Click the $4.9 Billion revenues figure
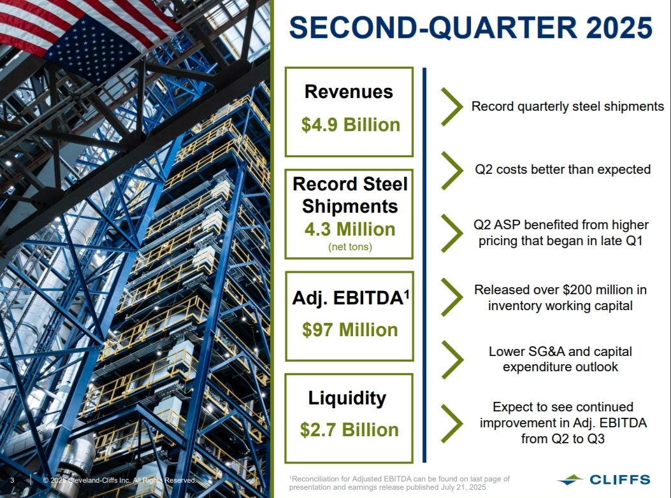pos(350,125)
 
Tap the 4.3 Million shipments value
pos(350,229)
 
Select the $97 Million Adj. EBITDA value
pos(350,330)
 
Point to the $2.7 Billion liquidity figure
pos(349,430)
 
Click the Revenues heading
pos(349,92)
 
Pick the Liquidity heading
pos(347,398)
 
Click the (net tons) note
pos(350,247)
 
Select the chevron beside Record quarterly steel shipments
pos(452,106)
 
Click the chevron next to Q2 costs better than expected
pos(452,170)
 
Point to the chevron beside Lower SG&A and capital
pos(452,360)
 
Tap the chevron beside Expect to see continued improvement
pos(452,423)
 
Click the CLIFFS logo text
pos(620,480)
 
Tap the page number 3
pos(12,480)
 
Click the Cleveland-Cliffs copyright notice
pos(120,480)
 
